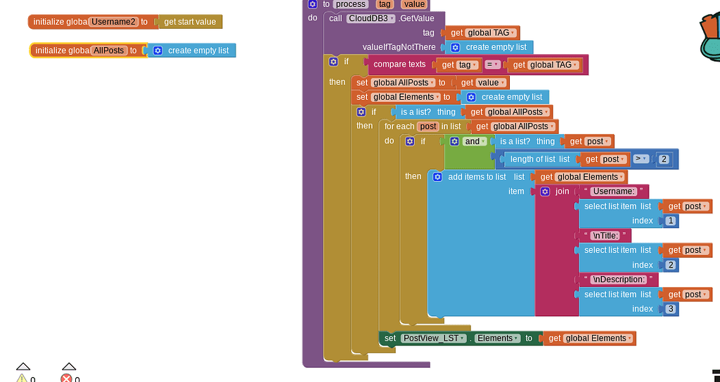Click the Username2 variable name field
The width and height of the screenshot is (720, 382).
113,22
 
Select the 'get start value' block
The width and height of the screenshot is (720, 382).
190,22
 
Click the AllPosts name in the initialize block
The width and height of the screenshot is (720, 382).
108,51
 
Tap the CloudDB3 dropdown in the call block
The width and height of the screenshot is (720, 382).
372,18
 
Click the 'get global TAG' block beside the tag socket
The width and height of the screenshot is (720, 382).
482,33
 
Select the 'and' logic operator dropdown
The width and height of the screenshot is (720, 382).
475,141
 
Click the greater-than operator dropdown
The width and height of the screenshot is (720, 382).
641,159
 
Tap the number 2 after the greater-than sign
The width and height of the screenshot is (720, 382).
664,159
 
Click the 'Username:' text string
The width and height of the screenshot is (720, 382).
613,191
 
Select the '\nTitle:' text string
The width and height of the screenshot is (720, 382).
605,235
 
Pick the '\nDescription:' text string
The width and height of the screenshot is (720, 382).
618,279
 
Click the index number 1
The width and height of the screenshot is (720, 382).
671,221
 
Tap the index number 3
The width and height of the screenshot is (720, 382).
671,309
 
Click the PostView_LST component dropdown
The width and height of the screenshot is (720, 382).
434,338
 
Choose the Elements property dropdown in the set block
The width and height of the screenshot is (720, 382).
497,338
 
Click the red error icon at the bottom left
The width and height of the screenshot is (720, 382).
67,378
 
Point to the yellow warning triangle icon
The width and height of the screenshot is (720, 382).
22,378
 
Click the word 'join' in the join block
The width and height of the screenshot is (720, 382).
562,191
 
